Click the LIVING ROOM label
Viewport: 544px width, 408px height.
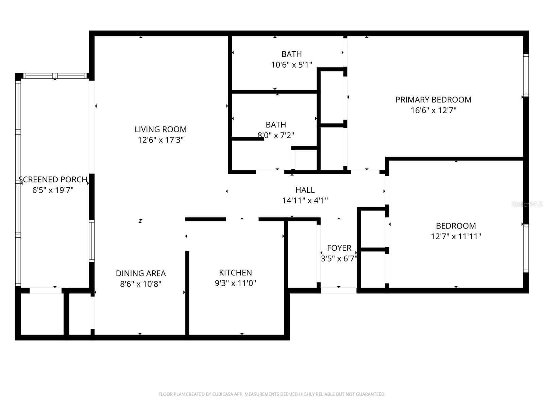[x=160, y=129]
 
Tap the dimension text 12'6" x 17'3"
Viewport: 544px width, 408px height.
[x=160, y=140]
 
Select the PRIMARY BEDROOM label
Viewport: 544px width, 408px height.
[x=433, y=100]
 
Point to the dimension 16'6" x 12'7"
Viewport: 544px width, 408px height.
[x=433, y=110]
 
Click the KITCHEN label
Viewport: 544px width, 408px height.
[x=235, y=273]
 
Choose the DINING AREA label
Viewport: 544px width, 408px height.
[x=141, y=273]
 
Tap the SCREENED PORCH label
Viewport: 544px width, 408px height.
[x=53, y=180]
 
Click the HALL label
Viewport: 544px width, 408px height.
[x=305, y=190]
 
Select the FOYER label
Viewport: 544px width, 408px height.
[x=339, y=248]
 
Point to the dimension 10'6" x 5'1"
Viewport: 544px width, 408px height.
[x=291, y=65]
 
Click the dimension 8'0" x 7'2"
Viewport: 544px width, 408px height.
[x=276, y=135]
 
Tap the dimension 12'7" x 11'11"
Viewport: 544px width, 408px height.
[x=456, y=236]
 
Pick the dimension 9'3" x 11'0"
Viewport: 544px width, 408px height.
[x=235, y=283]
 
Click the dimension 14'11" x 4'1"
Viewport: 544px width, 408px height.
[x=305, y=201]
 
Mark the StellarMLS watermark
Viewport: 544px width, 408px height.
[x=527, y=204]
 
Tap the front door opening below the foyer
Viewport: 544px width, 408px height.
[x=339, y=290]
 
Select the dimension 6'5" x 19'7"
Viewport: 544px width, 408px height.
[x=53, y=190]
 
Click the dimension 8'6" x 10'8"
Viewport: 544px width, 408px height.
[x=141, y=284]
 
